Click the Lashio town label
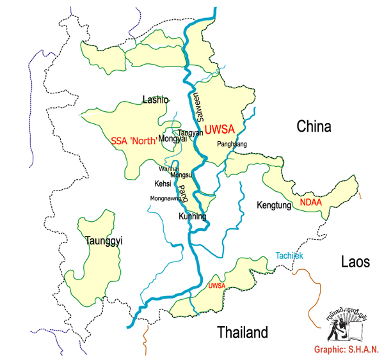(x=155, y=100)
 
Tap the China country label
(x=314, y=127)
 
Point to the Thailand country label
(x=241, y=333)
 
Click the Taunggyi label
(x=104, y=241)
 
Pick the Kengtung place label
(x=274, y=206)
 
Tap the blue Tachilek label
(x=289, y=256)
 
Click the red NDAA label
(x=310, y=203)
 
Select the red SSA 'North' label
(x=134, y=141)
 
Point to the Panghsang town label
(x=232, y=144)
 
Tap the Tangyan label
(x=191, y=133)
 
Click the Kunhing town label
(x=192, y=217)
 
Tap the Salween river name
(x=198, y=109)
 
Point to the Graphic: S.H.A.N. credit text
(x=346, y=350)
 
